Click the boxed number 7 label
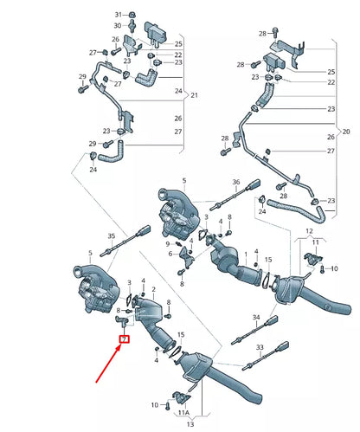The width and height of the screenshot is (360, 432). tap(124, 339)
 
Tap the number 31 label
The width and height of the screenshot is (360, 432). tap(119, 16)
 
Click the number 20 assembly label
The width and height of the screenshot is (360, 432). tap(346, 132)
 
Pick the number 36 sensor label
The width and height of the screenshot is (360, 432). tap(235, 182)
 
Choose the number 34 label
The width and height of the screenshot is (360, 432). tap(255, 318)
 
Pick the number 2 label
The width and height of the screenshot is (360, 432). tap(154, 289)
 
